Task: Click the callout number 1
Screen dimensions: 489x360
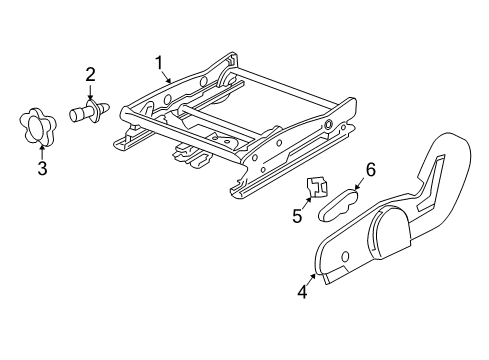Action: (159, 62)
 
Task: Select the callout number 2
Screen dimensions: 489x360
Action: (90, 75)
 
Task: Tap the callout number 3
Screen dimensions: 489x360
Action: (42, 168)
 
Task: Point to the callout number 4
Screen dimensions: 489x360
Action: (302, 292)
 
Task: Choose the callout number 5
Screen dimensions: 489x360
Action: (297, 216)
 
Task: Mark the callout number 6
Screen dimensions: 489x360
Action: (371, 170)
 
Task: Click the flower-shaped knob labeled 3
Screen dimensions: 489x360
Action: (37, 127)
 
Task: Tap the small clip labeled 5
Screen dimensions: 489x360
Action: (317, 188)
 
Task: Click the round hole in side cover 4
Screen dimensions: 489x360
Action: (345, 256)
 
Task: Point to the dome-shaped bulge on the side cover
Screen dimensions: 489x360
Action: (389, 232)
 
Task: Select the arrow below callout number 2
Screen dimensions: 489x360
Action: (90, 92)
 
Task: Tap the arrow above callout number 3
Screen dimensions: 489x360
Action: (42, 151)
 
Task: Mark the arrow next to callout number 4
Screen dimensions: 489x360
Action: (310, 281)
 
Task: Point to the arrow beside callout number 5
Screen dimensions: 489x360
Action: (307, 203)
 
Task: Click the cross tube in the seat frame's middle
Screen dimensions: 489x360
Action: (217, 120)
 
